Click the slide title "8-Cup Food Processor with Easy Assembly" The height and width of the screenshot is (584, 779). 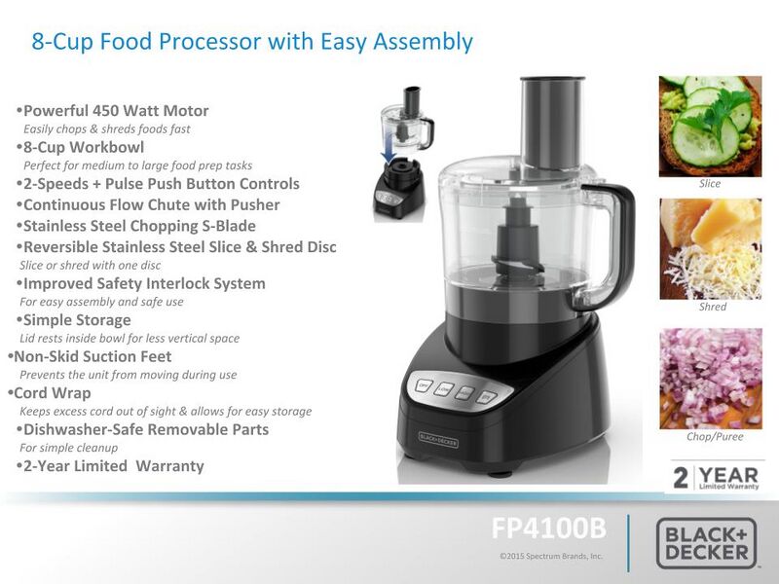(x=252, y=42)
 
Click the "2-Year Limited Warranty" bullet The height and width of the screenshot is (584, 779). (x=113, y=466)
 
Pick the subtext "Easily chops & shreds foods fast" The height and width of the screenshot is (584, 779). (x=106, y=128)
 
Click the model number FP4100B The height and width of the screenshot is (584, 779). (x=548, y=529)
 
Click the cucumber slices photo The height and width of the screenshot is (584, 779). (x=710, y=126)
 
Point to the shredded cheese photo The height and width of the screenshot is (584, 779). (x=710, y=248)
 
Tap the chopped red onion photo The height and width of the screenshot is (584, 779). (x=710, y=378)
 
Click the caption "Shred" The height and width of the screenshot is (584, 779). (x=713, y=307)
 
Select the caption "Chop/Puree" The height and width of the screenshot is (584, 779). (x=714, y=437)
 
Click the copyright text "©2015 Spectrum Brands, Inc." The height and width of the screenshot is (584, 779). (x=550, y=556)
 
